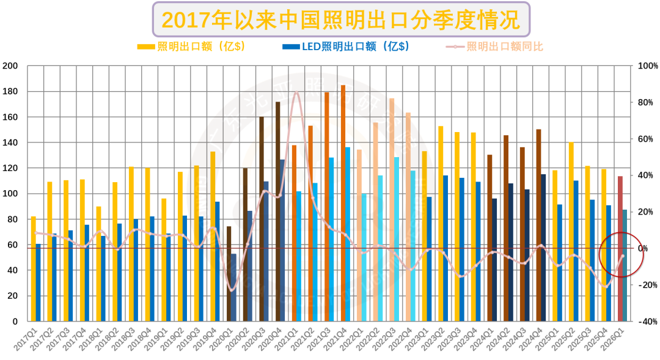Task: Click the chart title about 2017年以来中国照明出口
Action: coord(340,20)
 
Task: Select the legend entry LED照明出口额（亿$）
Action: coord(346,46)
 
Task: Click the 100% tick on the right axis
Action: coord(647,66)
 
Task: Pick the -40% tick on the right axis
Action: coord(647,321)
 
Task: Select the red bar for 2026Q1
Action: coord(620,248)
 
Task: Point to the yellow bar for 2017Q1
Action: coord(34,269)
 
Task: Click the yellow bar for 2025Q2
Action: coord(571,232)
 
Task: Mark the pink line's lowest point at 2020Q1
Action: coord(232,290)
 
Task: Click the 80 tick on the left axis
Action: coord(13,219)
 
